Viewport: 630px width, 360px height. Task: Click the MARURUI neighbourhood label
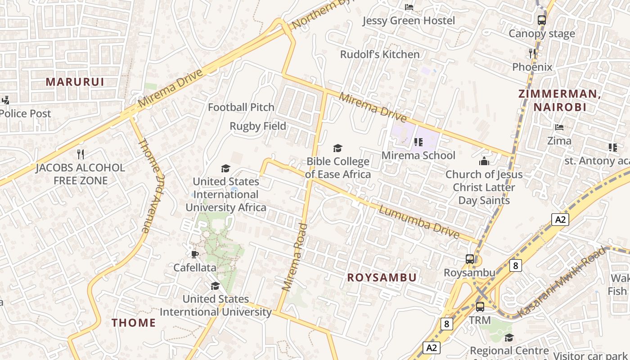click(75, 82)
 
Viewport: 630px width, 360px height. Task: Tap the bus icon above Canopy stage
click(542, 20)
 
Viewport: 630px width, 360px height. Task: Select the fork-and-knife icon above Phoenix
click(532, 53)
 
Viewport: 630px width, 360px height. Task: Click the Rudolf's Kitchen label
click(380, 54)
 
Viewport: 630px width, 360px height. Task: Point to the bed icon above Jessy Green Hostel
click(409, 7)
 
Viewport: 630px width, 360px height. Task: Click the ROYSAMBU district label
click(382, 278)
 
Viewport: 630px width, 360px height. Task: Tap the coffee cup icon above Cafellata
click(194, 254)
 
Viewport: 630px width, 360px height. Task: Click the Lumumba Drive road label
click(419, 222)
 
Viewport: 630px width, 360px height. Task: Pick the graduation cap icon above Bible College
click(337, 148)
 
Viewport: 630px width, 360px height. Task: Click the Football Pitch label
click(241, 107)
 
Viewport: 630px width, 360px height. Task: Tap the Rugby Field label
click(258, 126)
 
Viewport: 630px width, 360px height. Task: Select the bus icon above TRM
click(480, 307)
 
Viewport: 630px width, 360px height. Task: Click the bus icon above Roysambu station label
click(470, 259)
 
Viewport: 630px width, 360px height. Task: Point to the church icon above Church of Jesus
click(484, 161)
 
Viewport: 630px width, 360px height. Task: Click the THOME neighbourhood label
click(134, 323)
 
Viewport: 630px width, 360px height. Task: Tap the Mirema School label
click(418, 156)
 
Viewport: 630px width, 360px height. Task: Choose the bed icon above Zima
click(559, 127)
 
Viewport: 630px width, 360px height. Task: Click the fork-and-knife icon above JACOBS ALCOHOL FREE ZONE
click(81, 154)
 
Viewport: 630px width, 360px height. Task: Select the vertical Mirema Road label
click(294, 257)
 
